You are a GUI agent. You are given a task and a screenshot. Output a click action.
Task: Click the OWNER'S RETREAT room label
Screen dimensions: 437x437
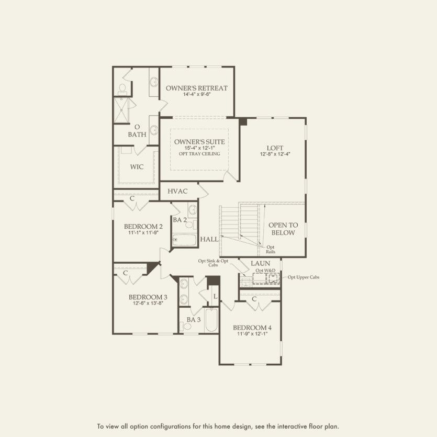pos(197,88)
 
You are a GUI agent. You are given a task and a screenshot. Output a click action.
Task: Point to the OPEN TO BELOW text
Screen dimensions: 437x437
pos(283,229)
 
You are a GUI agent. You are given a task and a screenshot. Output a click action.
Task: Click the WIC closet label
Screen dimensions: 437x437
pos(137,167)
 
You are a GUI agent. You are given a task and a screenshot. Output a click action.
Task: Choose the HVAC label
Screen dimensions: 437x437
pos(177,192)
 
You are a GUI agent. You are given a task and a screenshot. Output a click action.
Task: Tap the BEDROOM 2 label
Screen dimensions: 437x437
pos(143,226)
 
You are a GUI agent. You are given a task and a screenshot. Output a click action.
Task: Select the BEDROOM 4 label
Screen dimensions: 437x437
pos(252,328)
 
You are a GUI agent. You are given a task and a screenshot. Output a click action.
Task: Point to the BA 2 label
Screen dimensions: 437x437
pos(180,220)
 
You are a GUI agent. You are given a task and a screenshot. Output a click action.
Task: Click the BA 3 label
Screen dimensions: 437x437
pos(194,319)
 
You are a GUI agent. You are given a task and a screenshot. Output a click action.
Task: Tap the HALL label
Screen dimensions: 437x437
pos(209,239)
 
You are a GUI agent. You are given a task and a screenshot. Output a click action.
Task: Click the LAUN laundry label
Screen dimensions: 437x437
pos(260,263)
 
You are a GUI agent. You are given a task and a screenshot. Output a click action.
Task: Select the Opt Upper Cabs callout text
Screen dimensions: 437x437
pos(303,277)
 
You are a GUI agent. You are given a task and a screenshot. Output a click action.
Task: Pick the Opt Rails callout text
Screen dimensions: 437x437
pos(271,249)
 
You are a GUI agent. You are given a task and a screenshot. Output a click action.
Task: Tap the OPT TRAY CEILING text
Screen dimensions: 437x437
pos(198,154)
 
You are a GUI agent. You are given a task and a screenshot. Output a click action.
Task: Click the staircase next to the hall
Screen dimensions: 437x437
pos(239,222)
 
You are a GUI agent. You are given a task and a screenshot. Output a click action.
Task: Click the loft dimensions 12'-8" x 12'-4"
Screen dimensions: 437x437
pos(275,154)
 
